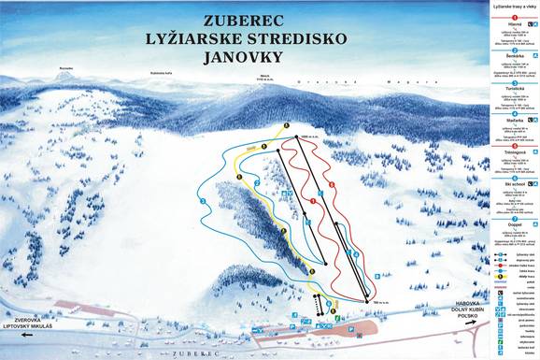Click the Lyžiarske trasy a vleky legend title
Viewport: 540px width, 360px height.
point(512,7)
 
